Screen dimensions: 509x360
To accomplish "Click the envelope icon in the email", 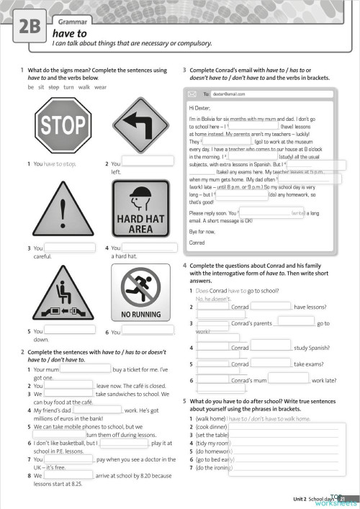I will [x=192, y=94].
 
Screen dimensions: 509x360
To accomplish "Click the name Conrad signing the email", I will [x=197, y=243].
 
